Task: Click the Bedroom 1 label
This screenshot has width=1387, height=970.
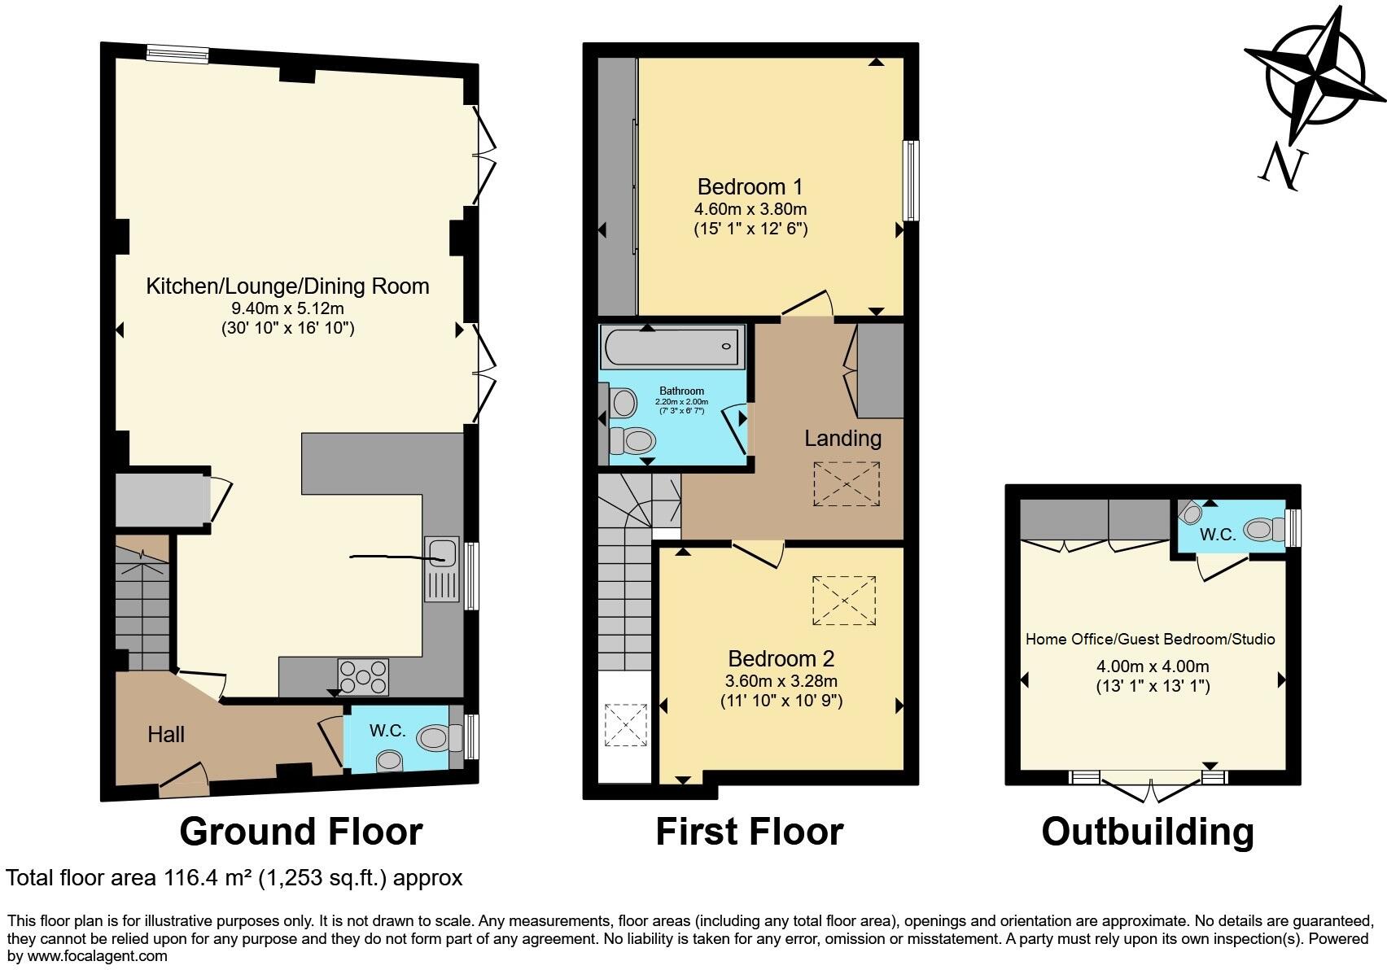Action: (750, 186)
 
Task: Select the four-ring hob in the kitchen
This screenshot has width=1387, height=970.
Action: (363, 677)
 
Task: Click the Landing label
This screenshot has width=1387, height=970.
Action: (842, 439)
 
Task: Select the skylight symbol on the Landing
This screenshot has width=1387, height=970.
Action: (847, 484)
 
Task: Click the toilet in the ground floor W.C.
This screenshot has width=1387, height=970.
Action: (435, 738)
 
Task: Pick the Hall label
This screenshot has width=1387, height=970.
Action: (166, 735)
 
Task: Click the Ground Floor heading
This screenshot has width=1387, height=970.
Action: (300, 832)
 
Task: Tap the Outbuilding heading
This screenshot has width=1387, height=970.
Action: (1147, 832)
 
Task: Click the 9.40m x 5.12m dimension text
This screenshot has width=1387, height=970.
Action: (287, 308)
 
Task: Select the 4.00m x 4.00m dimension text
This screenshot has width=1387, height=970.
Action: (1153, 666)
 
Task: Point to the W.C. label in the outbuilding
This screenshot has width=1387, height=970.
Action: (1218, 535)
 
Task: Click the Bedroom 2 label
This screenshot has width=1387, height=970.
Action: (781, 659)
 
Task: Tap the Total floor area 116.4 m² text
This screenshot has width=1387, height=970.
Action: (234, 878)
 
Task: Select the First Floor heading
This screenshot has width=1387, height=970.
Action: (749, 832)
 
